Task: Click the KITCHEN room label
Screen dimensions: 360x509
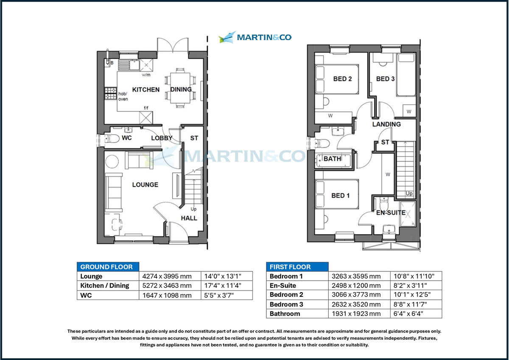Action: click(145, 89)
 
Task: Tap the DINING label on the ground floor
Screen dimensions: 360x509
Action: click(181, 89)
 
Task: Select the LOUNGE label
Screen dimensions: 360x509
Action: click(145, 184)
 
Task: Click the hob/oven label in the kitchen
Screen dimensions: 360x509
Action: click(123, 96)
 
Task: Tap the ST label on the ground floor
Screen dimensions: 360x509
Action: click(194, 138)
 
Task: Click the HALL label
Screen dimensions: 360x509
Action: click(189, 218)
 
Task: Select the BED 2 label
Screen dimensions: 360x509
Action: click(342, 79)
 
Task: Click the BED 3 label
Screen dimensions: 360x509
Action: click(385, 79)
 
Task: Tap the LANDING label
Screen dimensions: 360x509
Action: click(386, 124)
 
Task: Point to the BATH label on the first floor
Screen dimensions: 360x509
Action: click(332, 159)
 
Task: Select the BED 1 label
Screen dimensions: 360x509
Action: click(341, 195)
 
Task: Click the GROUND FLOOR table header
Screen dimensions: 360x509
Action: click(108, 267)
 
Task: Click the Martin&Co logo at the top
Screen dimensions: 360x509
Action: click(255, 37)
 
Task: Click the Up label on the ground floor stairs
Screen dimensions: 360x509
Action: click(193, 209)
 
